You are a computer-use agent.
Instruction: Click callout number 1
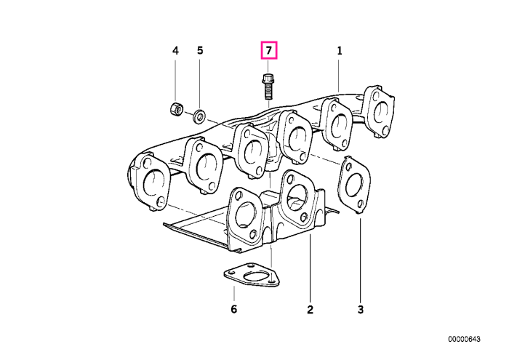[340, 51]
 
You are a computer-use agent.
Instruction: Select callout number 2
[310, 310]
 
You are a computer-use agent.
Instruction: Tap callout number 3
[361, 310]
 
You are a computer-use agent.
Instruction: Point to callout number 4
[175, 51]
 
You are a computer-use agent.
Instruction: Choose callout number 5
[200, 51]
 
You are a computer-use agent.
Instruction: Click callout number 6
[233, 309]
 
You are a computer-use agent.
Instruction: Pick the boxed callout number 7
[269, 50]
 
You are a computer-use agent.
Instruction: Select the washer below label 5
[199, 116]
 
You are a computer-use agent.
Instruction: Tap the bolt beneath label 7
[267, 87]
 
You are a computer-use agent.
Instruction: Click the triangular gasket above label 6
[252, 276]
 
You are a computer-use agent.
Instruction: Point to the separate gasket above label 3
[354, 185]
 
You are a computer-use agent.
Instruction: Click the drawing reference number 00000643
[464, 339]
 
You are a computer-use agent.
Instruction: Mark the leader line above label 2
[310, 268]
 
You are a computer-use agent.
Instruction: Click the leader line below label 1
[339, 75]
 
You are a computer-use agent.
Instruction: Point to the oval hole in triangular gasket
[253, 277]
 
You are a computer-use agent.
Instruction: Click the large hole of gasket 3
[354, 185]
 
